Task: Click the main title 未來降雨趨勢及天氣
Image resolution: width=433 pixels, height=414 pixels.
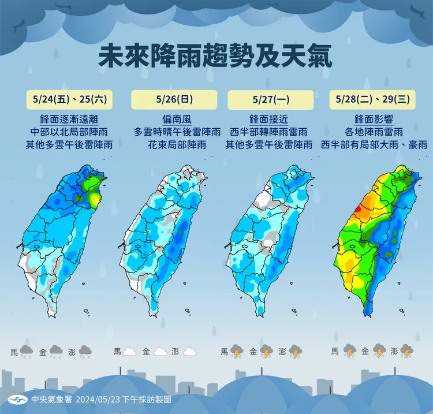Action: [216, 58]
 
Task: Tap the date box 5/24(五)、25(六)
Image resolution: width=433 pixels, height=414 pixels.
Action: [69, 99]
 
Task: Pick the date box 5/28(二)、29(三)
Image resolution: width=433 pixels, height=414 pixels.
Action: [372, 99]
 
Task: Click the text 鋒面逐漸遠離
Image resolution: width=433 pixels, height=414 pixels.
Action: [69, 120]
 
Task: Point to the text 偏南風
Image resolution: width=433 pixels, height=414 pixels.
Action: [169, 120]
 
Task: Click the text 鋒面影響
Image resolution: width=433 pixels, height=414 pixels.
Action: [373, 120]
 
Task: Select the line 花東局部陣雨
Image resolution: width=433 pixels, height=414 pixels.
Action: [169, 145]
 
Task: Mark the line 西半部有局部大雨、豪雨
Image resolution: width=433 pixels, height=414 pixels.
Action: [374, 145]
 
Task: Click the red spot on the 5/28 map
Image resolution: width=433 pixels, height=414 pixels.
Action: [358, 210]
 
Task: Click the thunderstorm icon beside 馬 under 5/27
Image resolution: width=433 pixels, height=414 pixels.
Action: [236, 351]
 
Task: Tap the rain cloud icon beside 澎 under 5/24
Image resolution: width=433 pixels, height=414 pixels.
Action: [85, 351]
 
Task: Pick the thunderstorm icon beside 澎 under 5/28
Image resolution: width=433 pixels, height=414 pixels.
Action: [407, 351]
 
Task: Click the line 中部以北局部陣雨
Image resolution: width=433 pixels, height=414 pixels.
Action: [69, 133]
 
